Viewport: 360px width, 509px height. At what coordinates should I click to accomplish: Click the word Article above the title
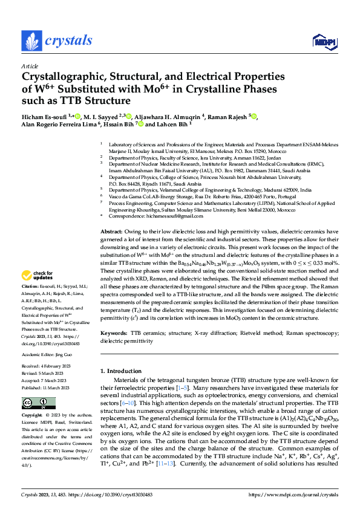click(30, 66)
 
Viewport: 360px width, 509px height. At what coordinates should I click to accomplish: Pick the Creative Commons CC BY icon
click(39, 403)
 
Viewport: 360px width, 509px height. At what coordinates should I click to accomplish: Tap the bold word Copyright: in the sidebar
click(32, 417)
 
